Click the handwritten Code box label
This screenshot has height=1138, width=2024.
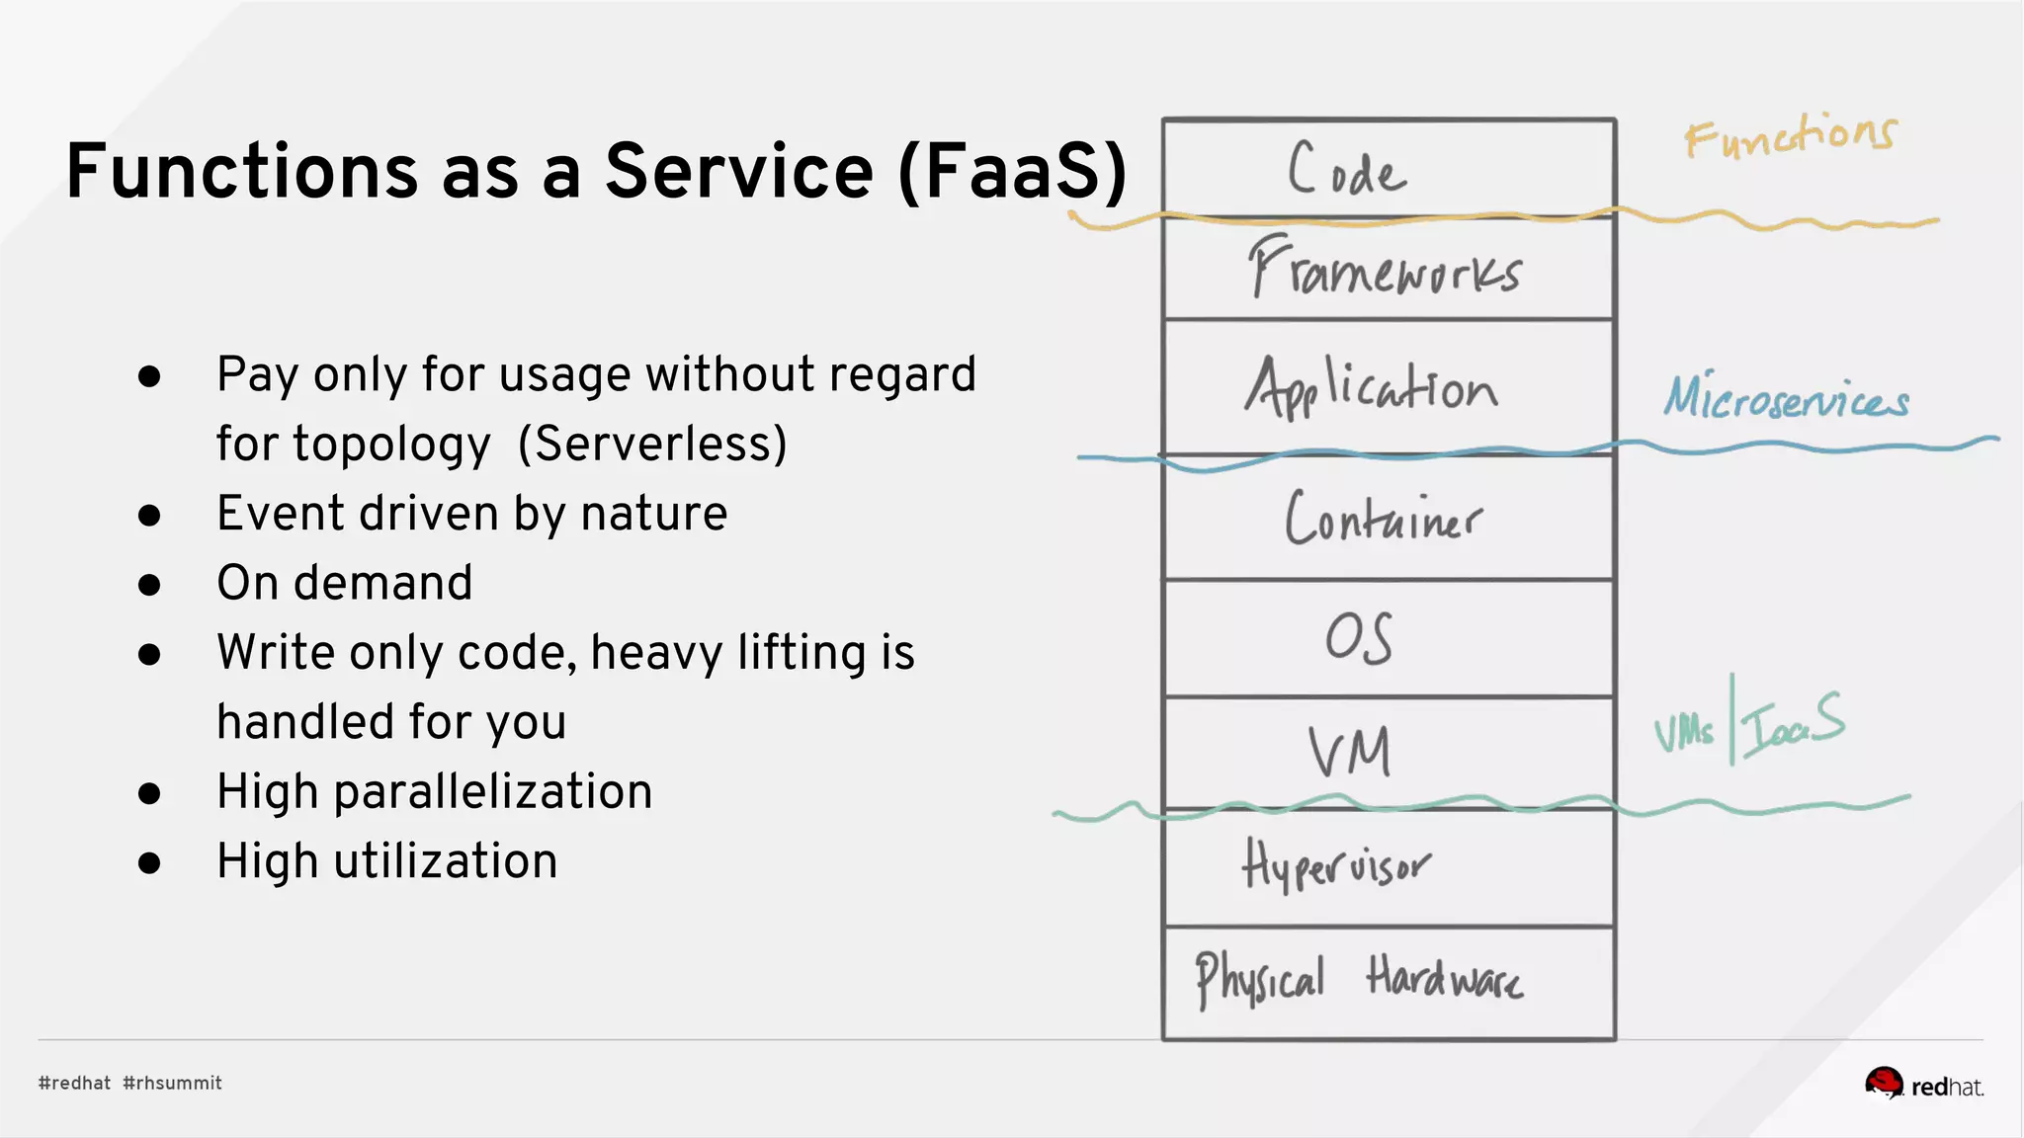1346,170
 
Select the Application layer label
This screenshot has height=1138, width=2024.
1372,388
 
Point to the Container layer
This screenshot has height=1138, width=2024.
1384,518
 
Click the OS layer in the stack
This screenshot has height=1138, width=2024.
1360,638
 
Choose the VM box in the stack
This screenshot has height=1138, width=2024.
1350,753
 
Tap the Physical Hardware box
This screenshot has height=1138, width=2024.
1360,980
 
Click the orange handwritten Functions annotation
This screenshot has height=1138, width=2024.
1790,135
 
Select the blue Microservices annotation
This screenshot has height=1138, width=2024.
1786,398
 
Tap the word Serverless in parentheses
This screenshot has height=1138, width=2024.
652,444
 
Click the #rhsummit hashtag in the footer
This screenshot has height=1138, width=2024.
173,1083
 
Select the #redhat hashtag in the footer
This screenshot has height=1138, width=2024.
75,1083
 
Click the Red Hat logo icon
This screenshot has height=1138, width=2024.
1884,1083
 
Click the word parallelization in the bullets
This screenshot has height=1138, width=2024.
493,792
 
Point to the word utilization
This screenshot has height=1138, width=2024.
446,861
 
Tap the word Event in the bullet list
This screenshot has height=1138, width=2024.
280,514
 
